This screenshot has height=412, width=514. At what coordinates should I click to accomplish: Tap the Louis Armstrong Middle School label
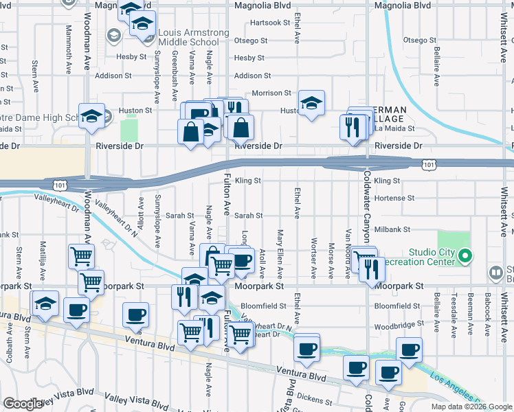pyautogui.click(x=193, y=38)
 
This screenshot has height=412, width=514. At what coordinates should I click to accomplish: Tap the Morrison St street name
pyautogui.click(x=271, y=93)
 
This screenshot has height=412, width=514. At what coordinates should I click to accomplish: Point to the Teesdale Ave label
pyautogui.click(x=454, y=312)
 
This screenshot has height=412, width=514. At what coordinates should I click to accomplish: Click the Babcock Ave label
pyautogui.click(x=487, y=312)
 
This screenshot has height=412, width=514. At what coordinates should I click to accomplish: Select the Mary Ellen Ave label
pyautogui.click(x=280, y=248)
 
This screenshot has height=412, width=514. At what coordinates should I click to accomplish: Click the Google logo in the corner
pyautogui.click(x=23, y=404)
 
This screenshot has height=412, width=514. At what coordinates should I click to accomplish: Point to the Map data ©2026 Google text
pyautogui.click(x=471, y=407)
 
